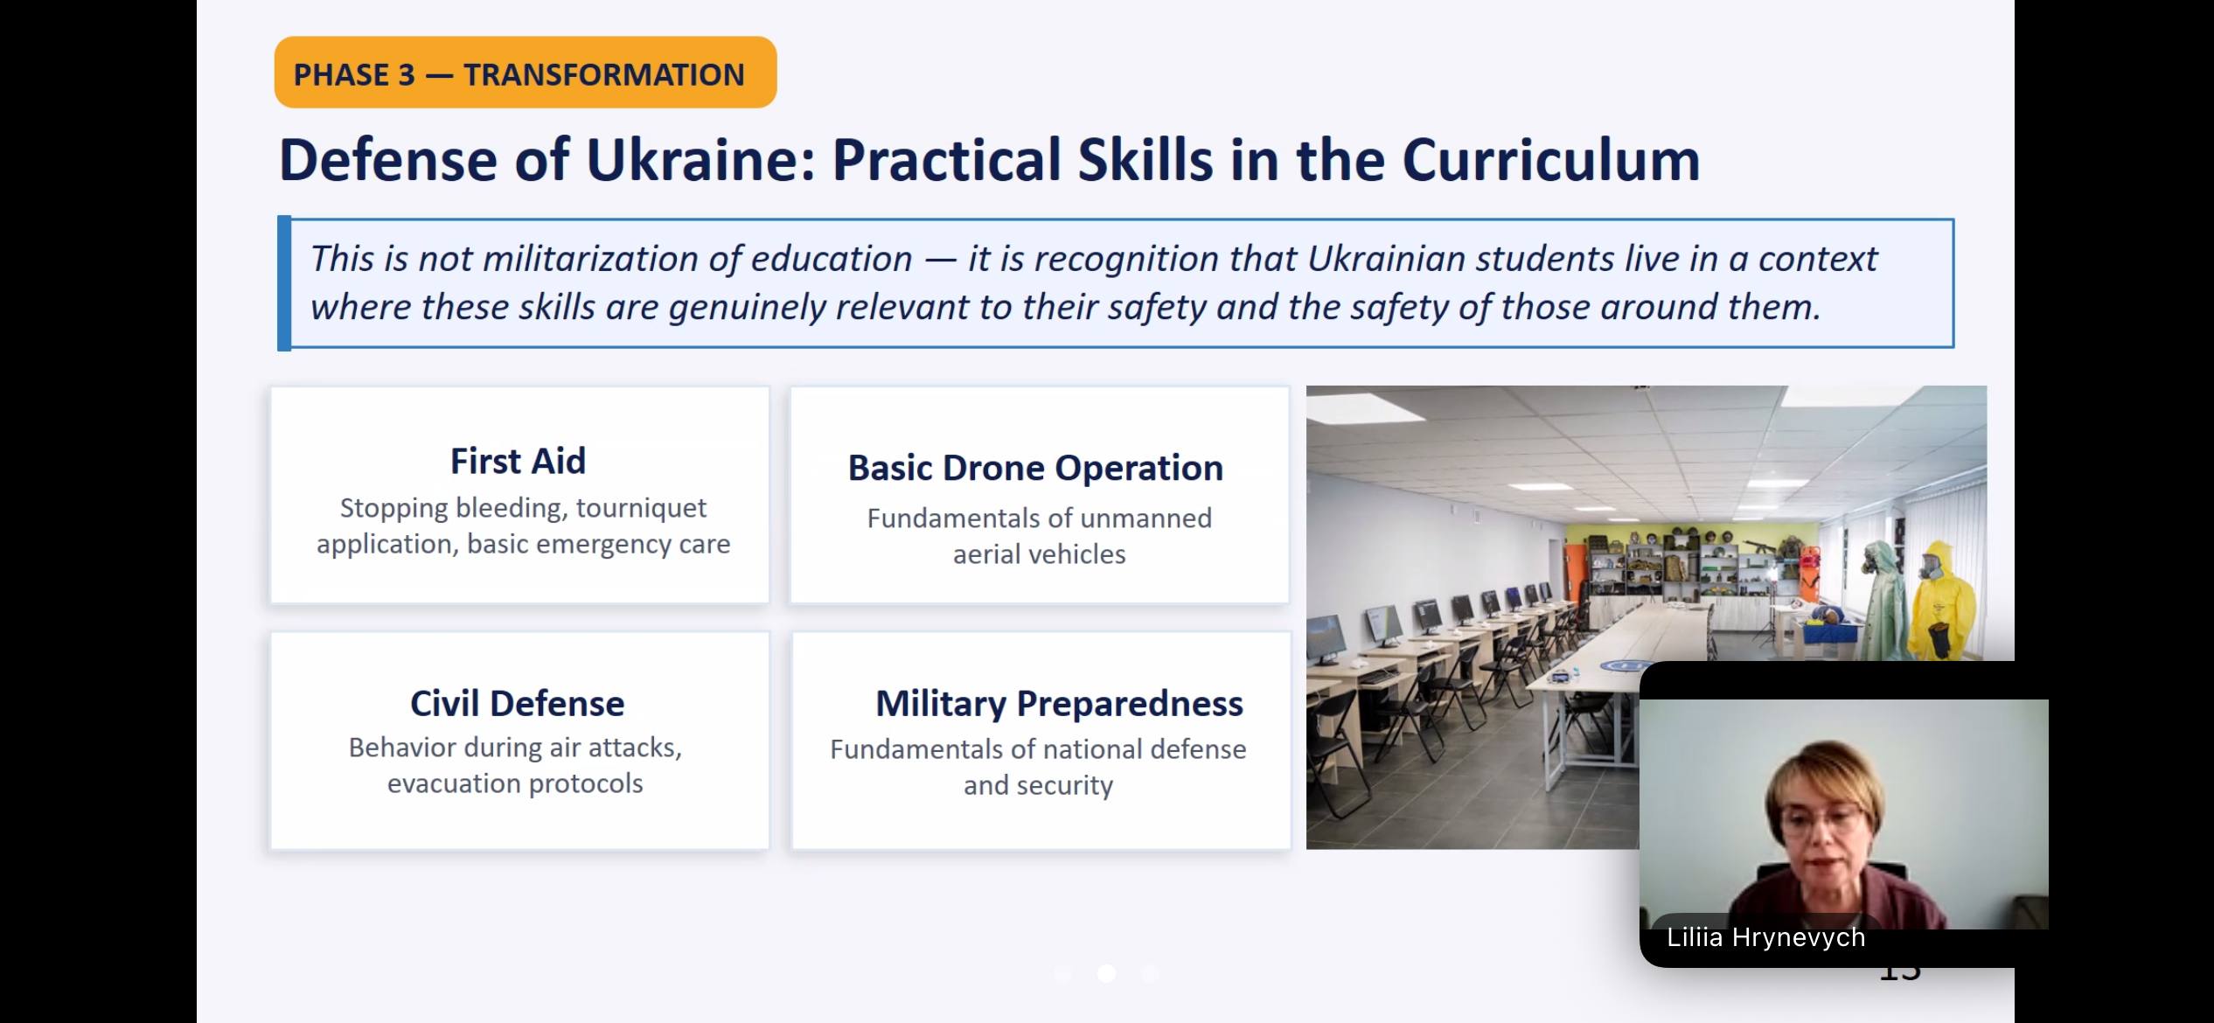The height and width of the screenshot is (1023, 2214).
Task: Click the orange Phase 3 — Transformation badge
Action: [526, 73]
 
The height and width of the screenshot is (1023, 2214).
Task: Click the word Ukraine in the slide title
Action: [700, 160]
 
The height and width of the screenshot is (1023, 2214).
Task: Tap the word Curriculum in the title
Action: [1551, 160]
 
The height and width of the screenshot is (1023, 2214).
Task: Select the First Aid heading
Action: [518, 461]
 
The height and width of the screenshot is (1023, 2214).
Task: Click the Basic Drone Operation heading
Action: [1035, 469]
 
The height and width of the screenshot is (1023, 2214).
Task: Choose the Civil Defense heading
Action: [518, 703]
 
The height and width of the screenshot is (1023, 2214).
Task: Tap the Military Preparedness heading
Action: [1059, 704]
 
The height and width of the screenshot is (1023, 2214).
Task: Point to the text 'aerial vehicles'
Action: [1039, 554]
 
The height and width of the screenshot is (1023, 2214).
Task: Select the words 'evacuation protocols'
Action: [515, 783]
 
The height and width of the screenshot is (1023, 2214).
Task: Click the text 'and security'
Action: [1038, 785]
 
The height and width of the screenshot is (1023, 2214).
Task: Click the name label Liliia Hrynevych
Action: [1765, 937]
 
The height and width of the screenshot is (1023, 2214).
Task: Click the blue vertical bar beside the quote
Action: [284, 283]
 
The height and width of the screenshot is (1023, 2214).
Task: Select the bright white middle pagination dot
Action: [1106, 973]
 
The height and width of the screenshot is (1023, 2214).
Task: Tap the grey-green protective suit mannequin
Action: [1883, 600]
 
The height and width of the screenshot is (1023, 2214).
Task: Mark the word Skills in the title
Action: [1145, 160]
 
